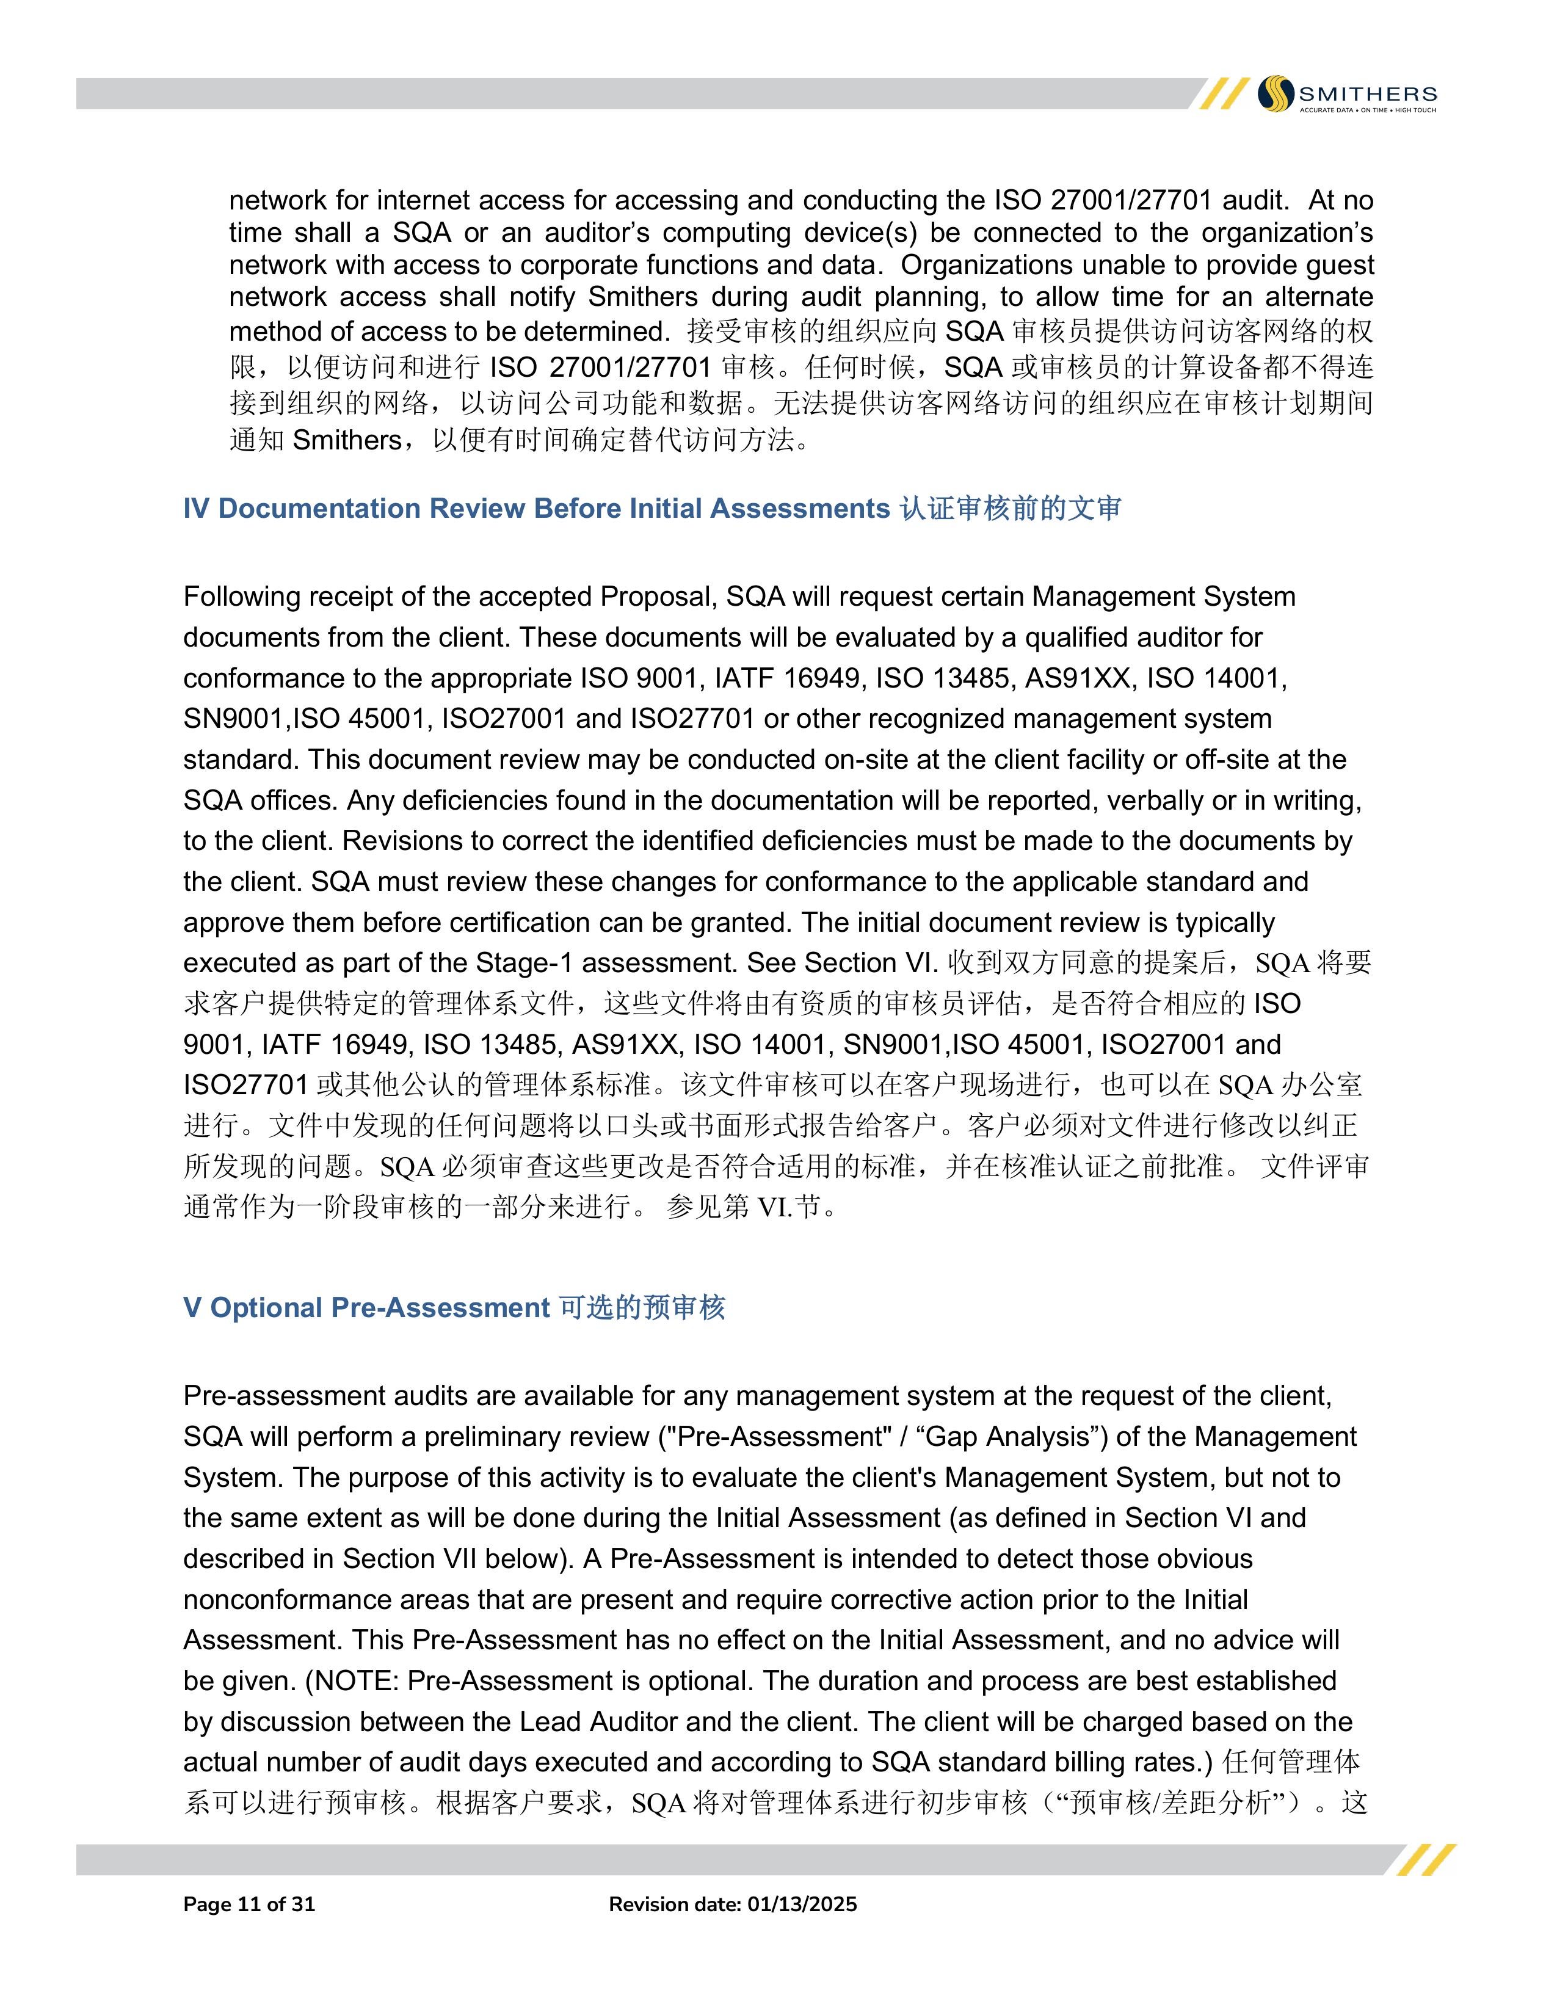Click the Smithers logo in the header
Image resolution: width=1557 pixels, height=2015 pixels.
[x=1347, y=94]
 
